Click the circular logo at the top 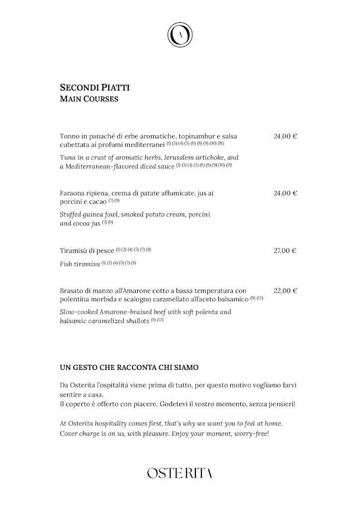[x=180, y=35]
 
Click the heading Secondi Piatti [x=94, y=87]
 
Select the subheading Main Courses [x=89, y=99]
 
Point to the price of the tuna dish [x=285, y=136]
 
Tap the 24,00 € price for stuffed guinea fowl [x=285, y=193]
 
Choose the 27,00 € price [x=285, y=251]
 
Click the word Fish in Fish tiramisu [x=67, y=263]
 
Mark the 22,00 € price [x=285, y=290]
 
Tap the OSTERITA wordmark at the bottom [x=180, y=473]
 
